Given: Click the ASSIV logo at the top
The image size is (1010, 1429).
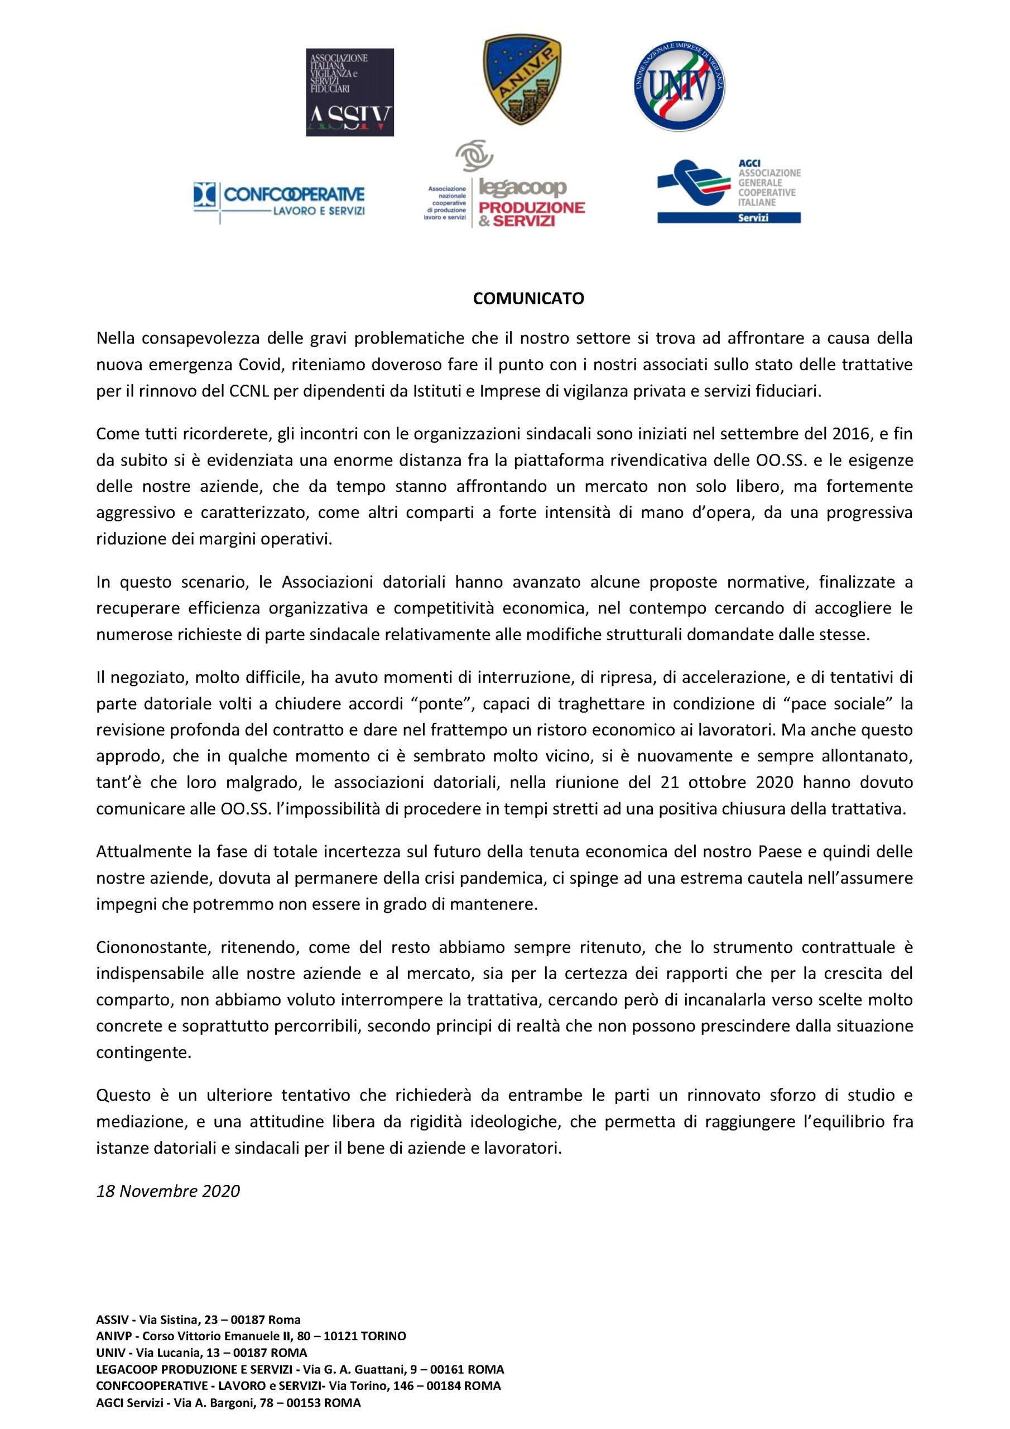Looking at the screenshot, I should click(x=350, y=92).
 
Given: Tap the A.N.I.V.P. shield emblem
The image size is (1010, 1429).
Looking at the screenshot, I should click(x=522, y=80).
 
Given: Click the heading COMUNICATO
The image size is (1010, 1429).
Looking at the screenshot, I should click(x=528, y=299).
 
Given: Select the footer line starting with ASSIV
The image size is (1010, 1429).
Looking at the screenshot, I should click(x=199, y=1320).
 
